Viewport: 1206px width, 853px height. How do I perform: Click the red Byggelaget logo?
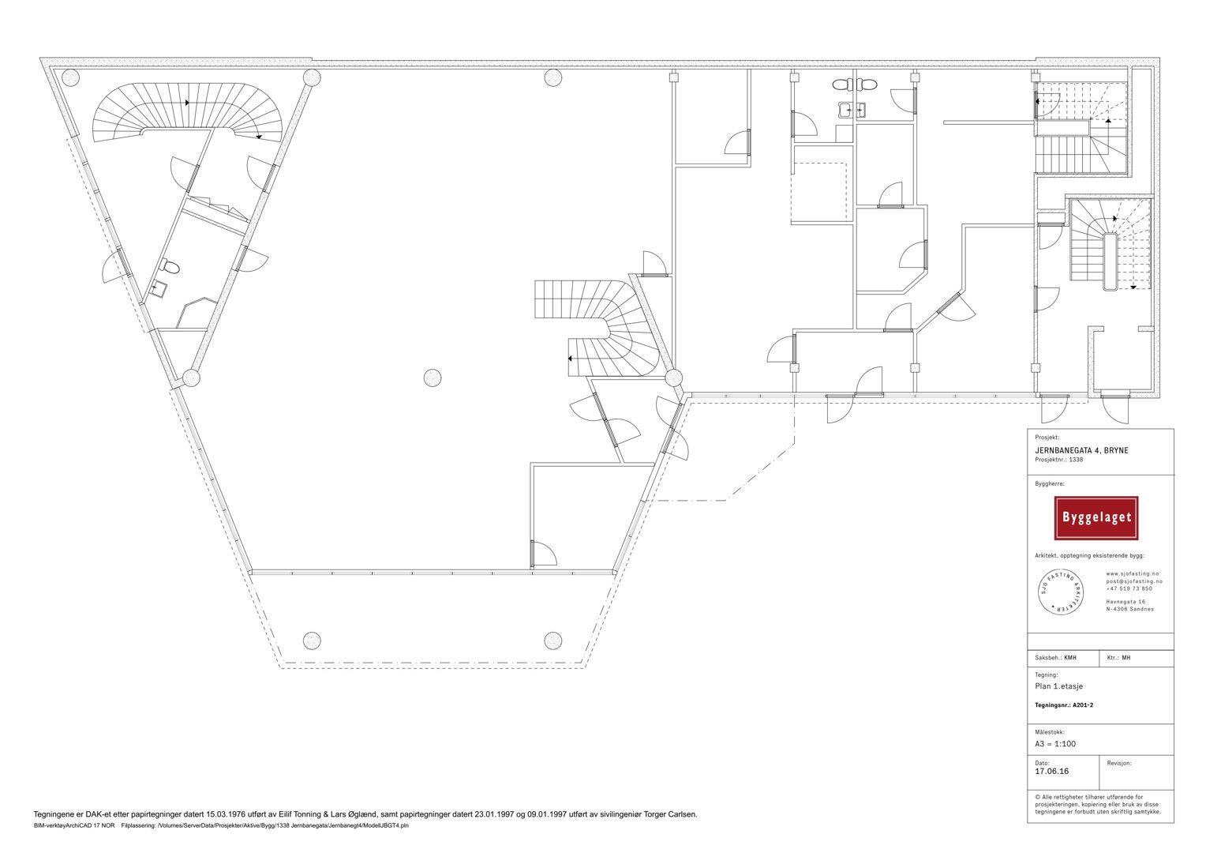click(1096, 518)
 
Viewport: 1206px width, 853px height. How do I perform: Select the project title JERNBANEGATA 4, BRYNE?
click(1081, 450)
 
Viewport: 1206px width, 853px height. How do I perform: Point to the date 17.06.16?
click(1051, 771)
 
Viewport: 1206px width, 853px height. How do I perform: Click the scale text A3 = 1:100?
click(1055, 744)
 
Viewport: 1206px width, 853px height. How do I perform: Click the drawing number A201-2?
click(1079, 705)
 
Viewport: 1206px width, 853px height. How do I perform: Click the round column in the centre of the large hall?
click(433, 378)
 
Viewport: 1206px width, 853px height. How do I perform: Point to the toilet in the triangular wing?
click(170, 266)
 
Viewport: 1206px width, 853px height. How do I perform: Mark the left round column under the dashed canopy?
click(312, 641)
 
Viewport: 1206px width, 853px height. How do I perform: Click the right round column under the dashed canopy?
click(553, 641)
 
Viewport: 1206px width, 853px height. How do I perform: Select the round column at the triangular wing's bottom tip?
click(191, 378)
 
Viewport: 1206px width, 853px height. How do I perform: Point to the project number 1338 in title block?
click(1076, 460)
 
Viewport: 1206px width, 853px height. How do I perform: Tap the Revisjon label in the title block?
click(1118, 763)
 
